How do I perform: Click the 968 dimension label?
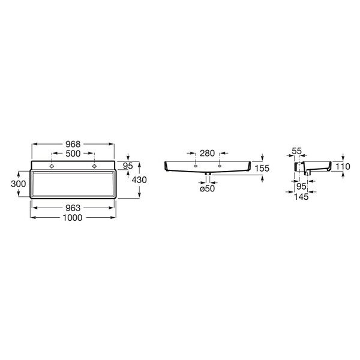coord(73,144)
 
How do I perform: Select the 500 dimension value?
coord(73,154)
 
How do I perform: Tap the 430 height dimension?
coord(139,180)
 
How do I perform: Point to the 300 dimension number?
coord(19,184)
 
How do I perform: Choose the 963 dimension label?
coord(73,208)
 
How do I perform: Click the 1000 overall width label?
coord(73,218)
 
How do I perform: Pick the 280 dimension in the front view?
coord(207,153)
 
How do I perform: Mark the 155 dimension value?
coord(262,168)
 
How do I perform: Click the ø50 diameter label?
coord(207,189)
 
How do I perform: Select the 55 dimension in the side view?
coord(296,151)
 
